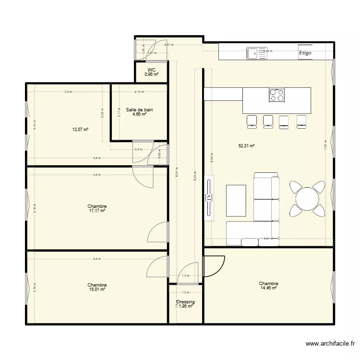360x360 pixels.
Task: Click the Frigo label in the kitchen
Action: tap(305, 53)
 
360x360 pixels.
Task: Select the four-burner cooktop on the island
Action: tap(276, 95)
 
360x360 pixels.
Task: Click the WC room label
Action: tap(152, 70)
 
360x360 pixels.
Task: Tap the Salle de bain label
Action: tap(139, 110)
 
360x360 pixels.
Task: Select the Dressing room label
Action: tap(185, 302)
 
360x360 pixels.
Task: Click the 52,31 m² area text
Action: tap(246, 145)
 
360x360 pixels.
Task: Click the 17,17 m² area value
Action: tap(97, 210)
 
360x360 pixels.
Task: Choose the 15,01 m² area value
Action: tap(97, 289)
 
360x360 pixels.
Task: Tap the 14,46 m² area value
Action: tap(268, 288)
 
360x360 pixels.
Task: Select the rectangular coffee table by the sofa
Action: tap(236, 200)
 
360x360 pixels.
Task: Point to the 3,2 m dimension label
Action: tap(68, 91)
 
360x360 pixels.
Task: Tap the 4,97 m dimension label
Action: tap(268, 238)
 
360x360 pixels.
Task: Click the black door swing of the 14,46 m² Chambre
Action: tap(215, 266)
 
